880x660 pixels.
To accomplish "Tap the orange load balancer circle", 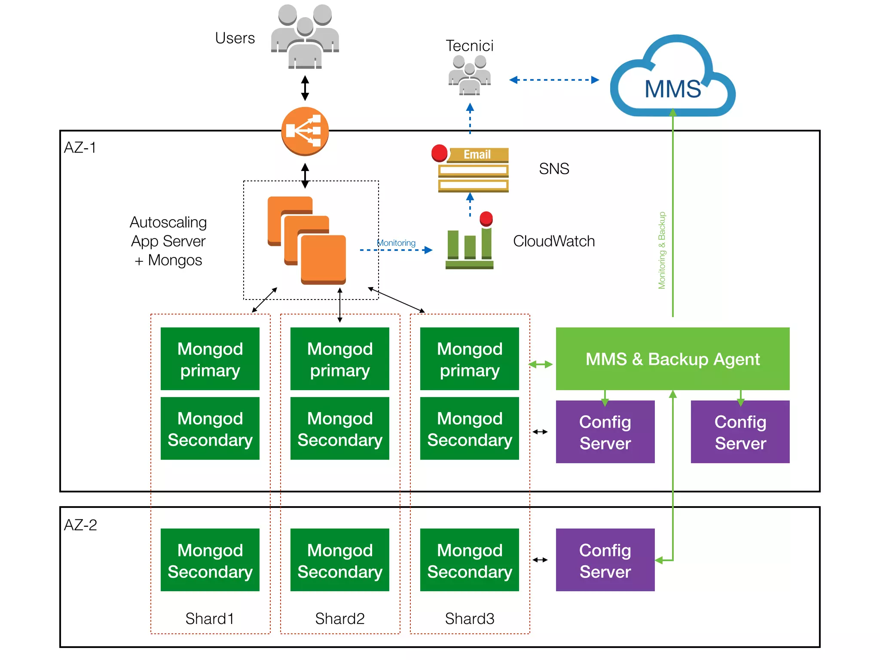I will pyautogui.click(x=305, y=131).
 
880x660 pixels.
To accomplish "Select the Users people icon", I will pyautogui.click(x=305, y=37).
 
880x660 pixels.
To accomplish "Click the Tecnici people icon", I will pyautogui.click(x=469, y=76).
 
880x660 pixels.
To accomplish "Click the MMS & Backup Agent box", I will pyautogui.click(x=672, y=359).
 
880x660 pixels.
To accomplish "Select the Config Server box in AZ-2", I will pyautogui.click(x=605, y=560).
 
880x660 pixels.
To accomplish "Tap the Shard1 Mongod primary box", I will pyautogui.click(x=210, y=359).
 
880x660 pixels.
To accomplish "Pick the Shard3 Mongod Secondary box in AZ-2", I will pyautogui.click(x=469, y=560).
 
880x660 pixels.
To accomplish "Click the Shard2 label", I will pyautogui.click(x=339, y=619).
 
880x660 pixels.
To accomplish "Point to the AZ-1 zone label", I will pyautogui.click(x=80, y=148).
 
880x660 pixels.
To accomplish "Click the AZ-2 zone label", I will pyautogui.click(x=80, y=525).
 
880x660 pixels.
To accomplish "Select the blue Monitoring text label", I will pyautogui.click(x=396, y=243).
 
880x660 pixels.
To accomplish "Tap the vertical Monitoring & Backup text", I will pyautogui.click(x=662, y=250).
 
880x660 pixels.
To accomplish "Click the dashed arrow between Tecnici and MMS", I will pyautogui.click(x=554, y=80).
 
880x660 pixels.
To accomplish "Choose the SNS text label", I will pyautogui.click(x=554, y=169).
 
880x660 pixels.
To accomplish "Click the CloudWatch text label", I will pyautogui.click(x=554, y=241).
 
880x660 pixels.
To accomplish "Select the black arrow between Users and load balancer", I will pyautogui.click(x=305, y=88).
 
